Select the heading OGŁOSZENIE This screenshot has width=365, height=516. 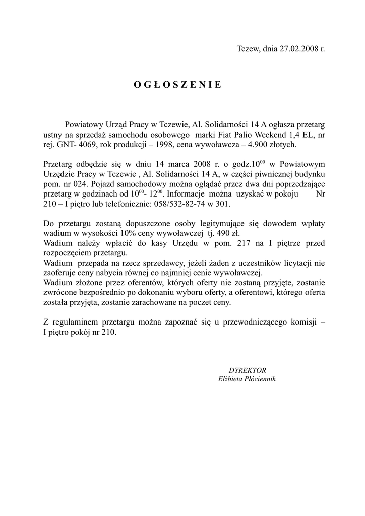[177, 85]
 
